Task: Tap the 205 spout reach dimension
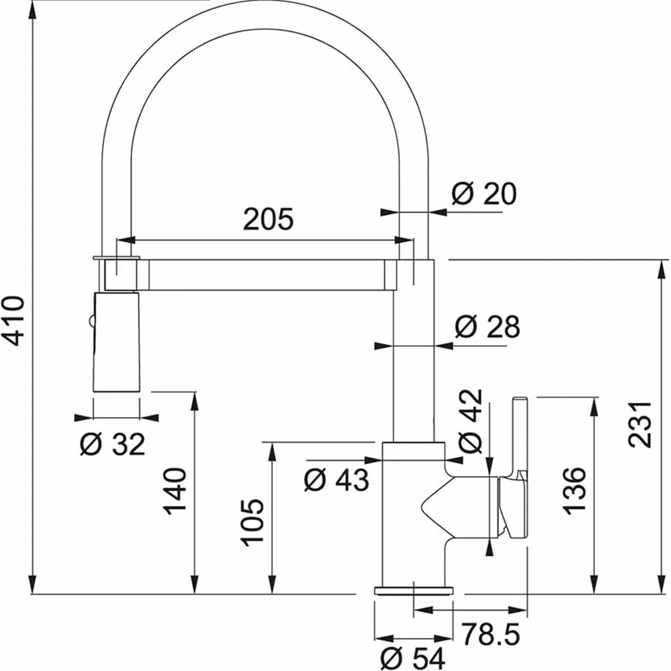268,219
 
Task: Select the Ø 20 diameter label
484,194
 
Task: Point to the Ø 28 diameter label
487,327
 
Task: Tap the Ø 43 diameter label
336,480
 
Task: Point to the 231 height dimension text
639,423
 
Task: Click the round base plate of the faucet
414,590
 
